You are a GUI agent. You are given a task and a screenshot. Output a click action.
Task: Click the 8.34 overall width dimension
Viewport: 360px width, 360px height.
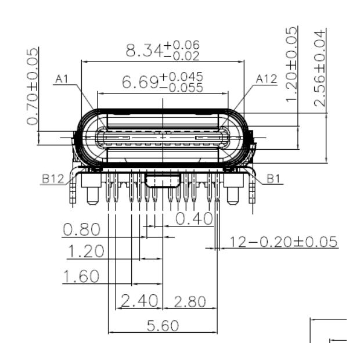(x=145, y=51)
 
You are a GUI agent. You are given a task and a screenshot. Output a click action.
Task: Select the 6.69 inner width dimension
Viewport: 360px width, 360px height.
(x=140, y=82)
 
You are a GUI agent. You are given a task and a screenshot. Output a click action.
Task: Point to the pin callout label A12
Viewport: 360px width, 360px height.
(x=267, y=79)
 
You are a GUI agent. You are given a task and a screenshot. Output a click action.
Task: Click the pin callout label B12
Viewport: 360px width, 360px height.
(x=53, y=179)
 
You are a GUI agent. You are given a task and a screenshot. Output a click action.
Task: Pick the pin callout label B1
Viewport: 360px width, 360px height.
(x=275, y=179)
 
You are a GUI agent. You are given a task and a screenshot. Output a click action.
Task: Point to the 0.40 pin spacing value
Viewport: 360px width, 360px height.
(x=194, y=219)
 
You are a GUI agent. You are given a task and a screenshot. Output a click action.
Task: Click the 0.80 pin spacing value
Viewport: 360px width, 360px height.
(x=81, y=230)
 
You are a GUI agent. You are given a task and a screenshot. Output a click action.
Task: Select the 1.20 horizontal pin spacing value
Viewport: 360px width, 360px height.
(x=85, y=252)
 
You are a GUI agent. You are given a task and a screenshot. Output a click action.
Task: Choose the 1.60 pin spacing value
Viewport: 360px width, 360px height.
(x=81, y=276)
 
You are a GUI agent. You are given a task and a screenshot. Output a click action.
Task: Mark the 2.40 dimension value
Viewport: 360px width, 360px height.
(x=139, y=300)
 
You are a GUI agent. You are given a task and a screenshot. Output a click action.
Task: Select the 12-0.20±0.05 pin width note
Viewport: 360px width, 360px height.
(x=284, y=242)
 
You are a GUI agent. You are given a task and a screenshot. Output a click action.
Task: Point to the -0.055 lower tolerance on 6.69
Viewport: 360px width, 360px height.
(x=182, y=88)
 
